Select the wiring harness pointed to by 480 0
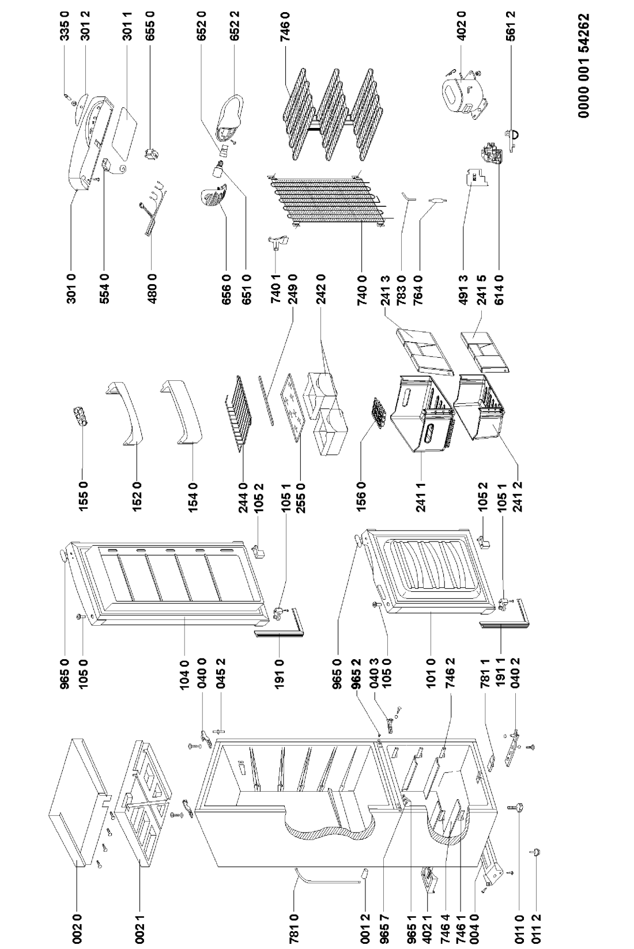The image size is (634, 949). pos(151,207)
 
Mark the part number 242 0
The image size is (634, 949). pos(320,289)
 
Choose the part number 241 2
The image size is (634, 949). pos(518,496)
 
